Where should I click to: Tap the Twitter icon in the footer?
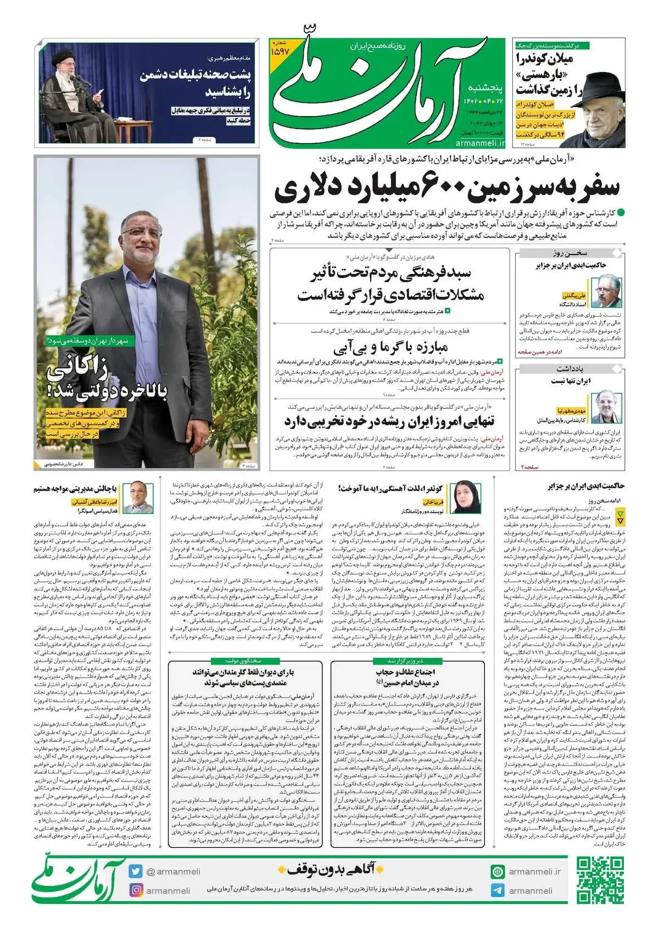tap(136, 871)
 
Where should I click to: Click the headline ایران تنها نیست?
tap(571, 380)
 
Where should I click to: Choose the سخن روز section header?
tap(571, 253)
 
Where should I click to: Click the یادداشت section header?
tap(571, 368)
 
